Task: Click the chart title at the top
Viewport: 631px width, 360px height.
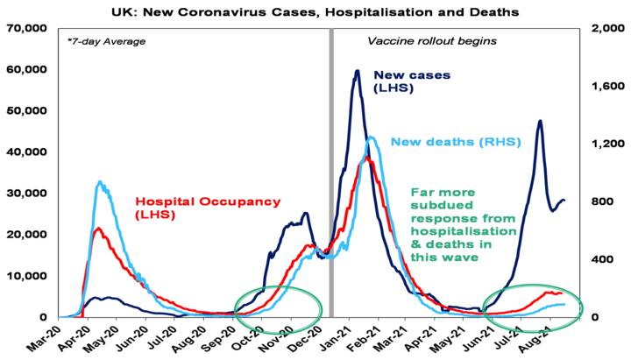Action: click(x=315, y=12)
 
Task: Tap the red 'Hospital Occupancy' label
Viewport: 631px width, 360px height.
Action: click(x=208, y=207)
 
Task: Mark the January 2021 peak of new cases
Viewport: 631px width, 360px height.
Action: click(x=358, y=71)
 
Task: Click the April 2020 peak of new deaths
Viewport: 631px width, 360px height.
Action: click(x=101, y=182)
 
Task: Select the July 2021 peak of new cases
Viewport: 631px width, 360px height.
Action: click(x=540, y=121)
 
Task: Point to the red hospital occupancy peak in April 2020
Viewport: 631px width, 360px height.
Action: click(x=97, y=229)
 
